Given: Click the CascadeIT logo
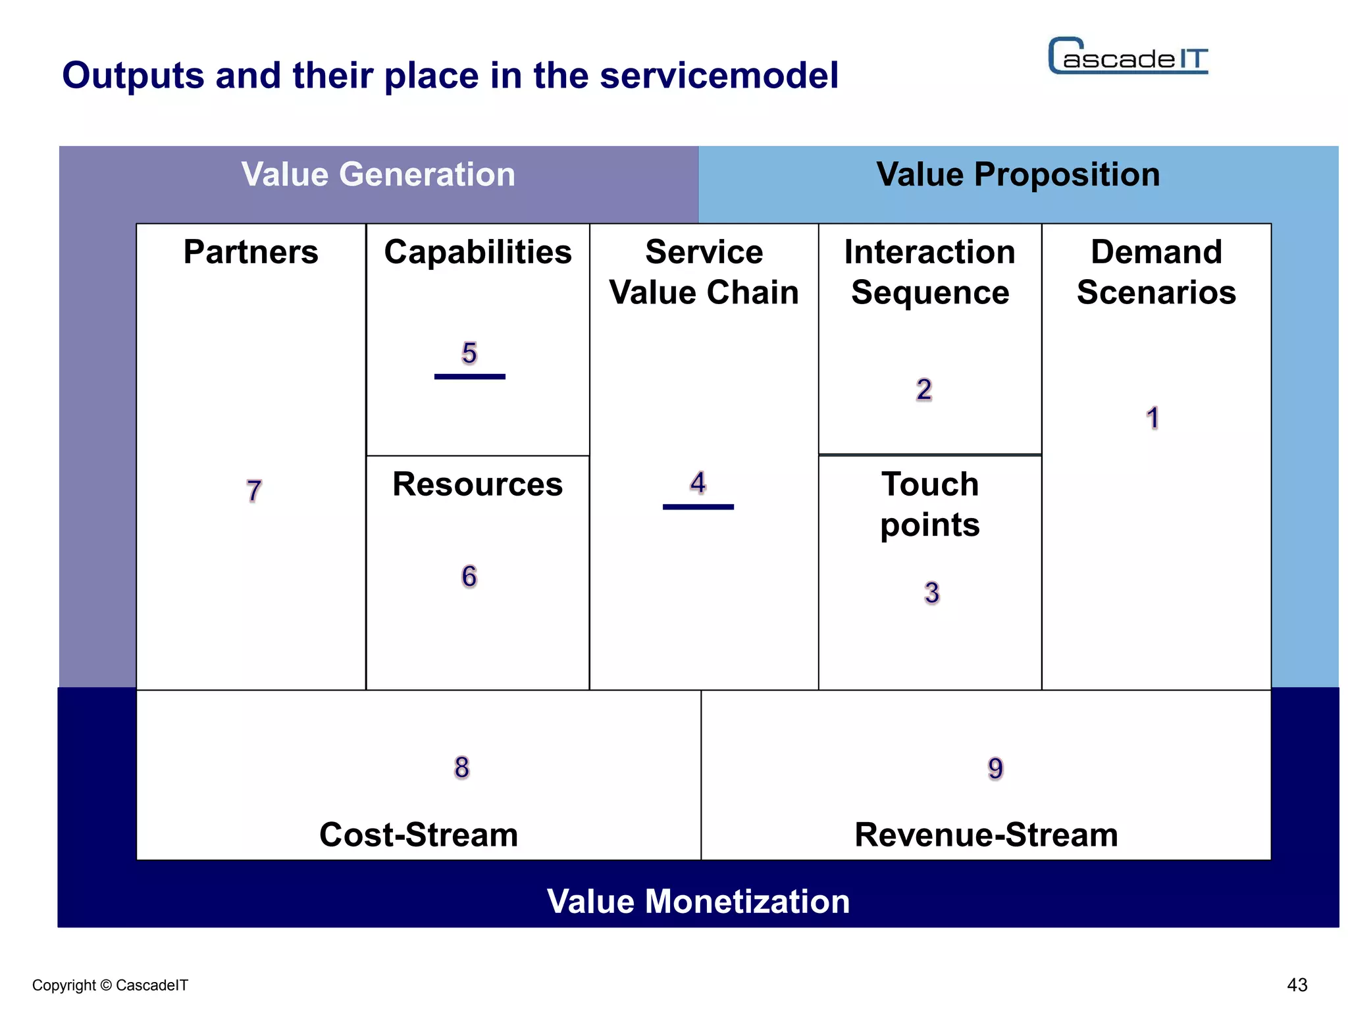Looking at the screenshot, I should [x=1128, y=57].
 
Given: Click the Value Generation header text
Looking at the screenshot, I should [x=378, y=175].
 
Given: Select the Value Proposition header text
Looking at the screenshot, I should [x=1018, y=175].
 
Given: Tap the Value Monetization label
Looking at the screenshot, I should [x=698, y=901].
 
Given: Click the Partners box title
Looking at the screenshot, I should [x=251, y=252].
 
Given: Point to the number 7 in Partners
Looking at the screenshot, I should [x=254, y=491].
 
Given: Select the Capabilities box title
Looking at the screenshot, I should [x=478, y=252].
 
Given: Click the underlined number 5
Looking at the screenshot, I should [x=469, y=354].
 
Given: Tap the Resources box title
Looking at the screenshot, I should [x=477, y=484].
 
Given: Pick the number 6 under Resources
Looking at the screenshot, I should [x=469, y=577].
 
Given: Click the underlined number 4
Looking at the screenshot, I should [x=698, y=483].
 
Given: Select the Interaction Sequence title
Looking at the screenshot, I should [x=929, y=272].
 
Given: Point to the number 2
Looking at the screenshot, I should [x=924, y=390].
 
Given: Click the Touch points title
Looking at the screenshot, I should [x=929, y=504].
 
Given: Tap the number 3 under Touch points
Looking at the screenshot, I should [x=931, y=593].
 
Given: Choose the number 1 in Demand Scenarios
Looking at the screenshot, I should [x=1153, y=418].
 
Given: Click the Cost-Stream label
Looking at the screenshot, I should [x=419, y=835].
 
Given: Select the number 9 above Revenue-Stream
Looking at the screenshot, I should [x=995, y=768].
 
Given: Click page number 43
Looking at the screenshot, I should [x=1297, y=985].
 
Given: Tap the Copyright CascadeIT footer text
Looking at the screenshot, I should [x=110, y=985].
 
